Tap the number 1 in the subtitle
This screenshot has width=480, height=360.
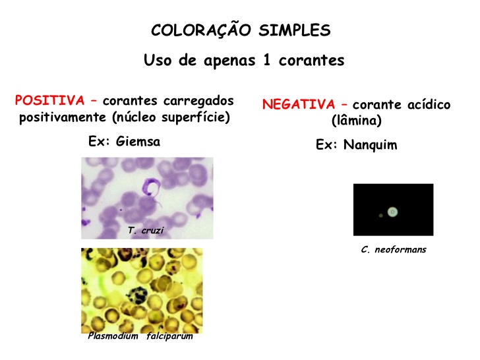coord(269,61)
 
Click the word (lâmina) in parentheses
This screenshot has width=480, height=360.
coord(356,121)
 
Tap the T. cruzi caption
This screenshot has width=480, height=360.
coord(146,231)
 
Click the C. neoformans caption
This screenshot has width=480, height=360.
coord(394,250)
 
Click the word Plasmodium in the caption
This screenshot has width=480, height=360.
coord(113,336)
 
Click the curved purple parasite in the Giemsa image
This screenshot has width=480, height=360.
coord(152,188)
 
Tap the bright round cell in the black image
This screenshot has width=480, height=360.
coord(393,212)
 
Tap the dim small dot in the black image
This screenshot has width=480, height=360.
coord(380,216)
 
